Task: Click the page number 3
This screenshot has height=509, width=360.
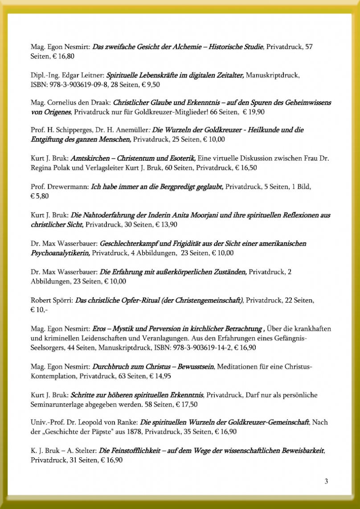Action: pos(326,481)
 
